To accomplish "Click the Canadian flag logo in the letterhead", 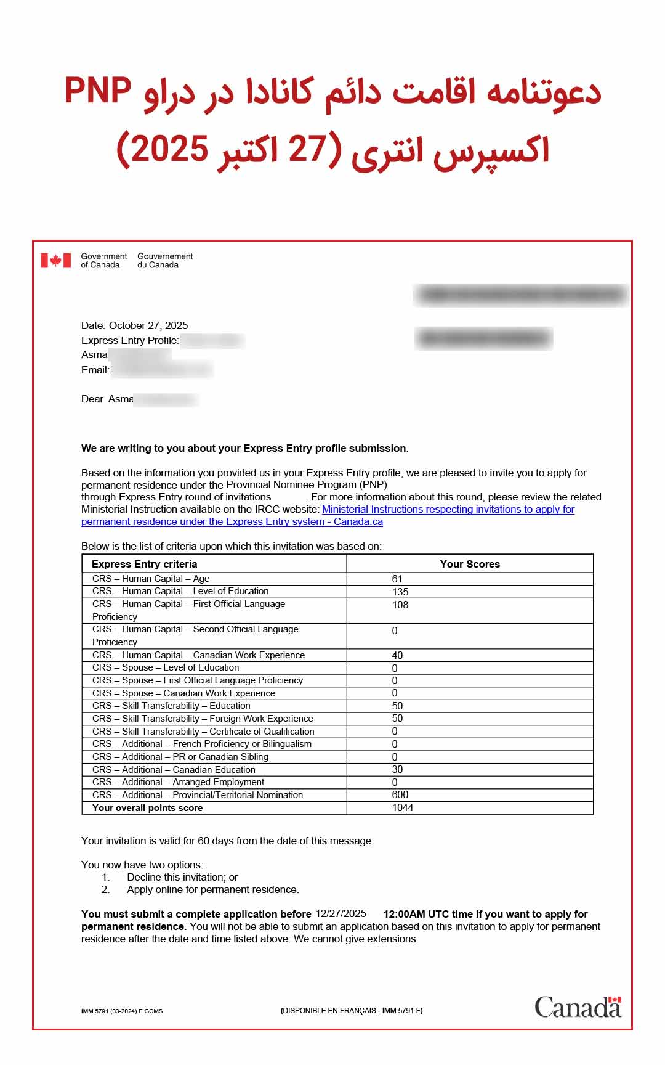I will [x=56, y=261].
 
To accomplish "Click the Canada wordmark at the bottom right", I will [x=578, y=1007].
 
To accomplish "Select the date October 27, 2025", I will [x=148, y=325].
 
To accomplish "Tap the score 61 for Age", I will [x=397, y=579].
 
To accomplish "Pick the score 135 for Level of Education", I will [x=400, y=592].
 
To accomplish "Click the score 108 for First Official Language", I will [x=400, y=605].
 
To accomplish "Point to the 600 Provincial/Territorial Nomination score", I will [x=400, y=794].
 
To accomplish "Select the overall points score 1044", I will [x=403, y=807].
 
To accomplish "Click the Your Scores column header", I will [x=470, y=564].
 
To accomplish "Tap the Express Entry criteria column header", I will [x=145, y=564].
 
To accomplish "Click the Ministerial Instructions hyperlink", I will [x=448, y=510].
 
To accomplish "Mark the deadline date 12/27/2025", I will [x=341, y=913].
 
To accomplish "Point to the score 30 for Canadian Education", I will [x=397, y=769].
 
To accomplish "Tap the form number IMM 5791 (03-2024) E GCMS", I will [x=122, y=1011].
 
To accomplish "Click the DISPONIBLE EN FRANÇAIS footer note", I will [x=352, y=1010].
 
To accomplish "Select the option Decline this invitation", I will [x=182, y=877].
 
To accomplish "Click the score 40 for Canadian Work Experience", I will [x=397, y=655].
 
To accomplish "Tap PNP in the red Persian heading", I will [x=99, y=91].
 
